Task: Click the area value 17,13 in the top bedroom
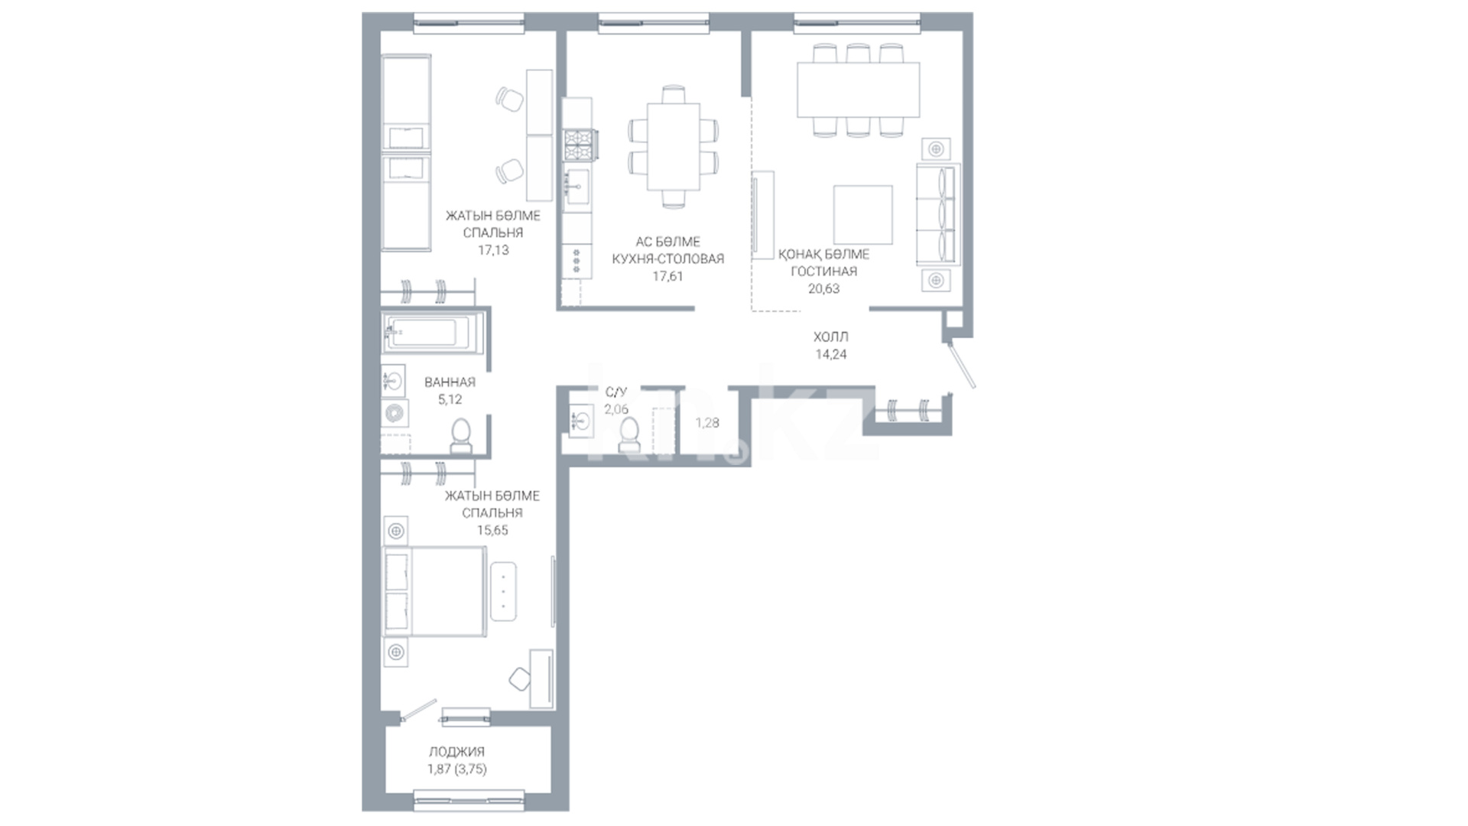[x=492, y=250]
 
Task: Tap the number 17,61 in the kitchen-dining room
[x=667, y=276]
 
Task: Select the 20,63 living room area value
[x=823, y=288]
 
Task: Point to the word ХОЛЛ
[x=831, y=337]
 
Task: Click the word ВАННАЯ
[x=450, y=382]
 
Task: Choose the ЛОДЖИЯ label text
[x=456, y=752]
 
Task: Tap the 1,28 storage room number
[x=707, y=422]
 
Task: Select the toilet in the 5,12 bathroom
[x=461, y=437]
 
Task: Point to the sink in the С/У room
[x=580, y=420]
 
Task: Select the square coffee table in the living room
[x=863, y=214]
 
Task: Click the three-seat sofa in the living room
[x=938, y=214]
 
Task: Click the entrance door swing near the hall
[x=962, y=365]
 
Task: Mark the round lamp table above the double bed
[x=396, y=531]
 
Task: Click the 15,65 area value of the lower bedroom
[x=492, y=530]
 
